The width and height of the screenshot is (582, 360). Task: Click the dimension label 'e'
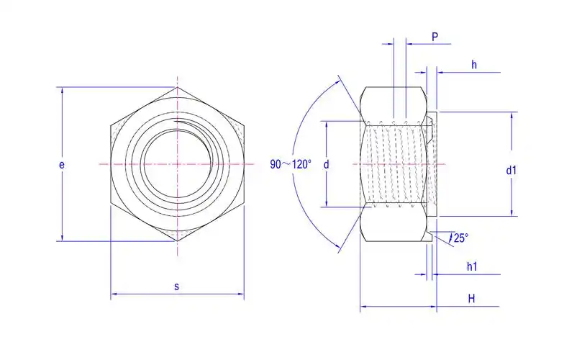[x=62, y=165]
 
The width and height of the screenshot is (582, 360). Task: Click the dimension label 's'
[x=177, y=286]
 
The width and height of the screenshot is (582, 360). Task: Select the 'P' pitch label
[x=435, y=35]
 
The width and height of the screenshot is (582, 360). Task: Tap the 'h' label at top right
[x=474, y=65]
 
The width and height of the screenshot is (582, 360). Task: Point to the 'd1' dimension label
[x=511, y=171]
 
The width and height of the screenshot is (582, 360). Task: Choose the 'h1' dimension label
[x=472, y=266]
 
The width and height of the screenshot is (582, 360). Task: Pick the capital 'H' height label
[x=471, y=297]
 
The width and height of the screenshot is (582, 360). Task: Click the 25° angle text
[x=460, y=238]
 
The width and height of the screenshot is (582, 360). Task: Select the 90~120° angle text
[x=291, y=164]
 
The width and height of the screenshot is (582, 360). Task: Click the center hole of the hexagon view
[x=177, y=164]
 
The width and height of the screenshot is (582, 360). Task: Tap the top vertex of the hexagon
[x=177, y=88]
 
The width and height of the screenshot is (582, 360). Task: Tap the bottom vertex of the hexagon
[x=177, y=241]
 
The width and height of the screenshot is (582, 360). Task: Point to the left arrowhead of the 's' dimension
[x=114, y=294]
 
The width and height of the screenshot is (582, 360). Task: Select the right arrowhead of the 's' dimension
[x=240, y=294]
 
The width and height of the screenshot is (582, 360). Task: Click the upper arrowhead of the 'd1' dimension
[x=512, y=115]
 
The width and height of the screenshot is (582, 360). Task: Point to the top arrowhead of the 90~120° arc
[x=338, y=81]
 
